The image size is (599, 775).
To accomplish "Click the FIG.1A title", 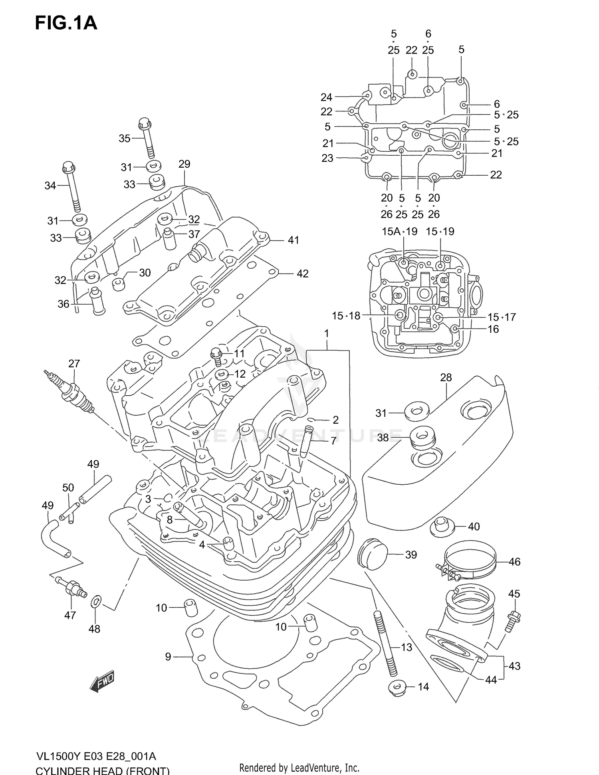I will (x=66, y=23).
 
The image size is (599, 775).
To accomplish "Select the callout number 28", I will (x=446, y=377).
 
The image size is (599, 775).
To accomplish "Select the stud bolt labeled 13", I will (x=382, y=643).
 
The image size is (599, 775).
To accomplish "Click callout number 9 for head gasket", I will (x=168, y=656).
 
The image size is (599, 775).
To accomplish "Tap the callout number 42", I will (x=302, y=274).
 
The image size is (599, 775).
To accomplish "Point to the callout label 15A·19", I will (x=399, y=232).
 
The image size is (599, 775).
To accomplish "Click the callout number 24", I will (x=326, y=97).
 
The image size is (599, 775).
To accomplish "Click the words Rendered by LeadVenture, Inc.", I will (x=299, y=767).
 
